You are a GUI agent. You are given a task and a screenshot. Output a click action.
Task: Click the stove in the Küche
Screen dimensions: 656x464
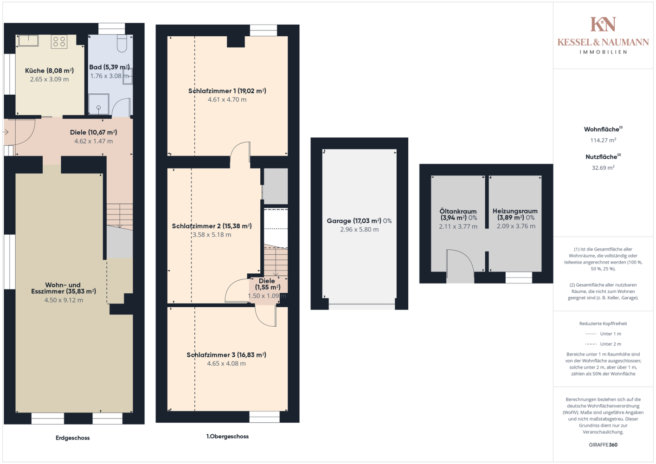[59, 42]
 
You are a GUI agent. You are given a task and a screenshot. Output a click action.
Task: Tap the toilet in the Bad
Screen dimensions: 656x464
[122, 43]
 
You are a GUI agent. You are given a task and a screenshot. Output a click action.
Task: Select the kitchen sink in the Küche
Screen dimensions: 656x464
[28, 41]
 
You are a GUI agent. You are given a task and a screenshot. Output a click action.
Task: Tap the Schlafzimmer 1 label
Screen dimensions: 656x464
[227, 91]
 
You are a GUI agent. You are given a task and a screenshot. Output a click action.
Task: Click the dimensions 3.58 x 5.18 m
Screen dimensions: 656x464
[212, 235]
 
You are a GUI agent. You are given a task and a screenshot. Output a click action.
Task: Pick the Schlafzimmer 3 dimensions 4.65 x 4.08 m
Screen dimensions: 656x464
[226, 363]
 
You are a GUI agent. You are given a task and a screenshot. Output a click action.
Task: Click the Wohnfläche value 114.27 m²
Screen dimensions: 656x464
[603, 140]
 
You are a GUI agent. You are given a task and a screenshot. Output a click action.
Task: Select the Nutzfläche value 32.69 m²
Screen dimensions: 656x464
[603, 168]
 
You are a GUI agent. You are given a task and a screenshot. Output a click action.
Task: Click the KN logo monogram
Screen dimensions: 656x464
[603, 24]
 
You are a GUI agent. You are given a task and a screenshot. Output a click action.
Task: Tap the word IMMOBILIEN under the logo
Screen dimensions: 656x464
[603, 52]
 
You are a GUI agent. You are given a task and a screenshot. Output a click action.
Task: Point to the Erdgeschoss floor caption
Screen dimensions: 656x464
[73, 438]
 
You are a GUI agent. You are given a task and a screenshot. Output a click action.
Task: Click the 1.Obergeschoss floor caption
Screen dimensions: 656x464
[227, 436]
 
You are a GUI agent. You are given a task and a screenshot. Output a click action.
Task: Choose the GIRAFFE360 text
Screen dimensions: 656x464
[603, 445]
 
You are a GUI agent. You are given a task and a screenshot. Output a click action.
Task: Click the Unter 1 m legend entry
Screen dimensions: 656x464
[603, 334]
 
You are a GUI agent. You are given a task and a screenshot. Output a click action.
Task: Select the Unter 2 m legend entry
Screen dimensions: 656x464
[603, 344]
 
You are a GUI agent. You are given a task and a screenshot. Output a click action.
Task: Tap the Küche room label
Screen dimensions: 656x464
[49, 71]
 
